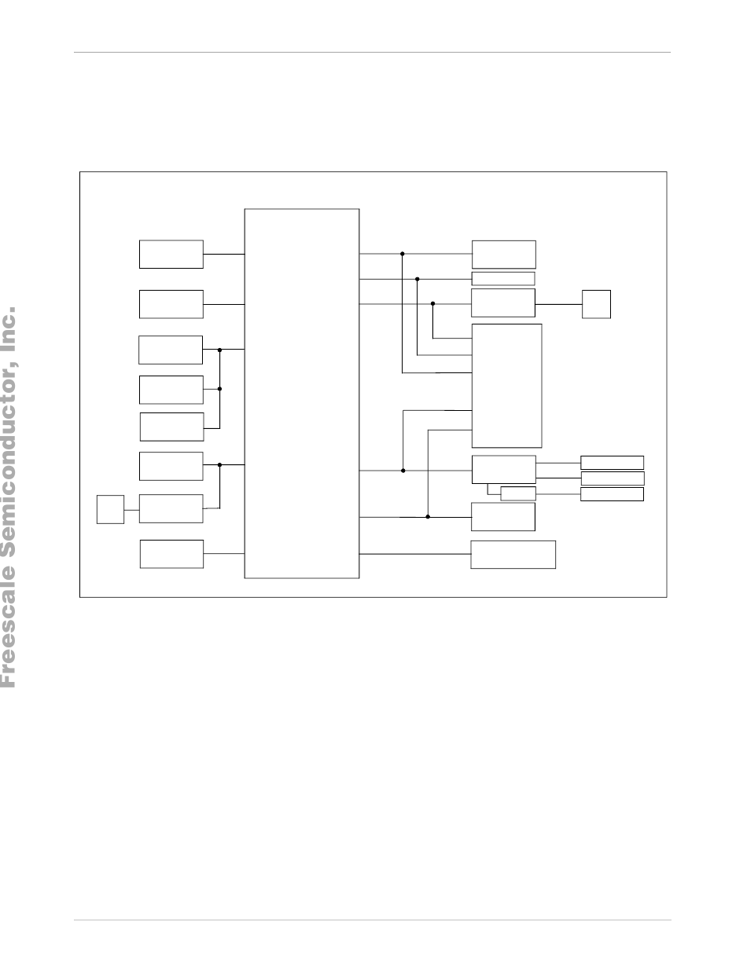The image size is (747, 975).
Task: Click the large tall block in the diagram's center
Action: (302, 393)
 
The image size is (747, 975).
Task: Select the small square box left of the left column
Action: (110, 509)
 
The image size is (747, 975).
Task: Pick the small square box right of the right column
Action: (596, 304)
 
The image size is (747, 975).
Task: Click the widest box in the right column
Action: (513, 554)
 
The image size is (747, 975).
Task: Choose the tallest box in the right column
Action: (506, 385)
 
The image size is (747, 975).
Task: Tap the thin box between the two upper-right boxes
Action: (503, 279)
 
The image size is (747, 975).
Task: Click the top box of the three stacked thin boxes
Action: (612, 463)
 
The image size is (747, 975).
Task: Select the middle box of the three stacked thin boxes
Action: (612, 478)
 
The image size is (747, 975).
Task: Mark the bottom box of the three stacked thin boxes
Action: (612, 494)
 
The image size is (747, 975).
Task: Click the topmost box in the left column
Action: (171, 254)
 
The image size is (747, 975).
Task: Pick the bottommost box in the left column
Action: (171, 554)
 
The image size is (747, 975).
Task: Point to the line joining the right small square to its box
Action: (558, 304)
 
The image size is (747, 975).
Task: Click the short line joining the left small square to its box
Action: (131, 509)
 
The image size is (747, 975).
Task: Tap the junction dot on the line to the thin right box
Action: (418, 279)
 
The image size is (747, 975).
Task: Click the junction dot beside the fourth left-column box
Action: (219, 388)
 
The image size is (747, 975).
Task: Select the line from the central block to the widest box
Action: (415, 554)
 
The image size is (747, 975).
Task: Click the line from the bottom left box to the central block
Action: (224, 554)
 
